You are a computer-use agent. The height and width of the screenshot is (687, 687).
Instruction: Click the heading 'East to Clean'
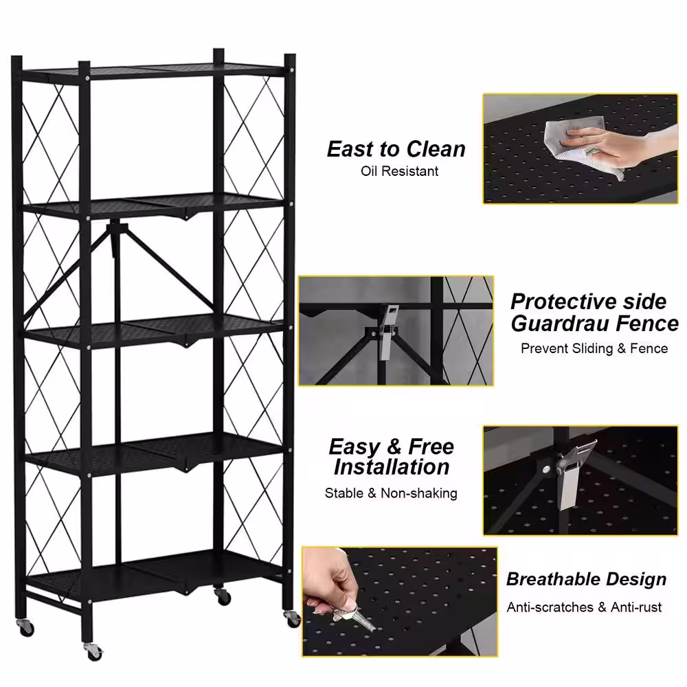[396, 149]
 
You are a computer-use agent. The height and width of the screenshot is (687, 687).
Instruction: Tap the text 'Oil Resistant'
[399, 171]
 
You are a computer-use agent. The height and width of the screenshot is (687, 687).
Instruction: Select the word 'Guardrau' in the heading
[560, 324]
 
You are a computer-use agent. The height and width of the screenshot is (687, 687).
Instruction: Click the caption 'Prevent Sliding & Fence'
[594, 348]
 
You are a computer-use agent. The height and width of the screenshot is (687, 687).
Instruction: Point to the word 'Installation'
[392, 466]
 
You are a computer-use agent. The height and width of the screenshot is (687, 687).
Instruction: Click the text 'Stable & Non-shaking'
[391, 493]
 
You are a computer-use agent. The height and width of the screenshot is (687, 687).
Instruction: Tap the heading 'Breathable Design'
[586, 578]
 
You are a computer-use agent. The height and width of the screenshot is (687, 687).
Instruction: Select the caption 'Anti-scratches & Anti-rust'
[584, 607]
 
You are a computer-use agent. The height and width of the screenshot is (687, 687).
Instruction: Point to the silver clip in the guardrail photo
[387, 331]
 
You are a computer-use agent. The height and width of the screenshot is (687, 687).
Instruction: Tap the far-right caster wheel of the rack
[292, 618]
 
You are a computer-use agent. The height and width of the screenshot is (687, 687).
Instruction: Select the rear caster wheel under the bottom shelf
[223, 596]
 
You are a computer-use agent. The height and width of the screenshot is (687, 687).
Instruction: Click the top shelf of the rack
[154, 71]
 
